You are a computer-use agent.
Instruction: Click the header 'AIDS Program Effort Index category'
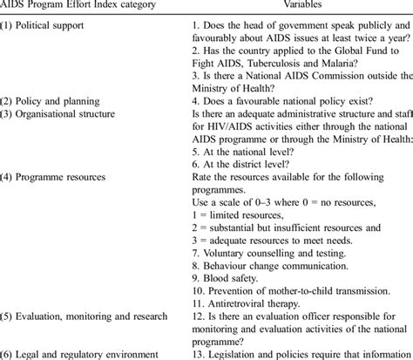click(x=79, y=5)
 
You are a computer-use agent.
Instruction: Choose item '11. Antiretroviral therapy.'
click(x=252, y=302)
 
